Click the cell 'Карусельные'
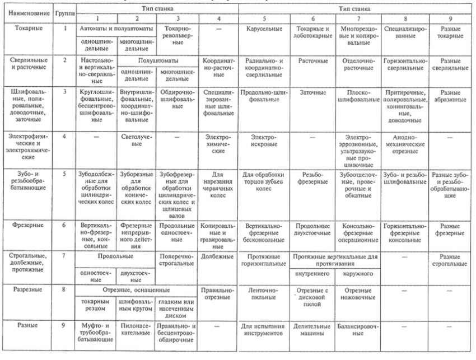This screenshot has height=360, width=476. pos(262,27)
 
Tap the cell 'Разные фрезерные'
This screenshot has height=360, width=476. pos(447,227)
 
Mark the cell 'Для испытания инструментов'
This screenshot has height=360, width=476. pos(262,329)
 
